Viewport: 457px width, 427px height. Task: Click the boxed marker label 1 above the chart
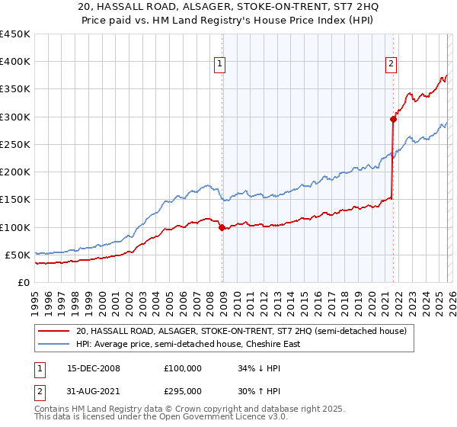pyautogui.click(x=219, y=65)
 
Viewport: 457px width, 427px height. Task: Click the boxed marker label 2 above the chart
pyautogui.click(x=391, y=65)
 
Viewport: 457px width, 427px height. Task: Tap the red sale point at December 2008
pyautogui.click(x=222, y=227)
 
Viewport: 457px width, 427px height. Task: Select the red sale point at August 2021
pyautogui.click(x=393, y=119)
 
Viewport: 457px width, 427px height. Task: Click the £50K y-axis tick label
pyautogui.click(x=17, y=255)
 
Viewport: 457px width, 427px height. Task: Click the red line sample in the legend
pyautogui.click(x=53, y=331)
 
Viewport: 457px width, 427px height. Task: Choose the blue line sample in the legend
pyautogui.click(x=53, y=344)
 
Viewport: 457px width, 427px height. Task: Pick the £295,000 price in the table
pyautogui.click(x=183, y=390)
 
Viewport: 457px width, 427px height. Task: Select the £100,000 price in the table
pyautogui.click(x=183, y=368)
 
